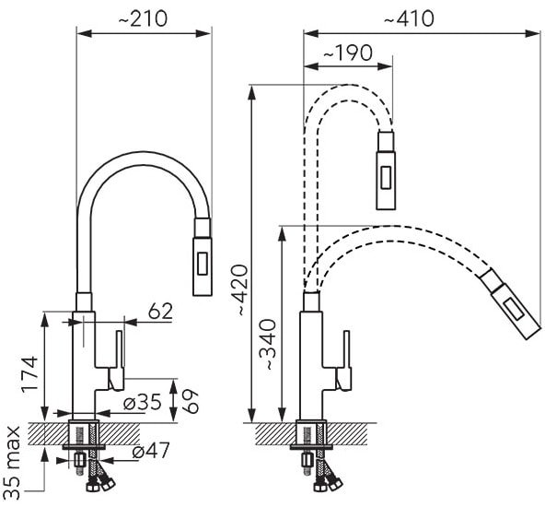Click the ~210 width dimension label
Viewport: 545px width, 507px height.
click(x=143, y=18)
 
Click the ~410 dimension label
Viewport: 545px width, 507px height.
click(x=409, y=18)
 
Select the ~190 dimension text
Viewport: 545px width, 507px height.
click(x=348, y=53)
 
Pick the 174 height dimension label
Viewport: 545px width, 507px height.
click(x=29, y=374)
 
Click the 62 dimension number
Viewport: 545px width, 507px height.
click(x=160, y=312)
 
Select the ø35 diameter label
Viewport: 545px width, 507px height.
click(x=143, y=402)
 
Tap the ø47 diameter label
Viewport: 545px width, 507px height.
click(x=151, y=451)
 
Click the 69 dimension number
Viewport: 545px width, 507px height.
click(x=191, y=401)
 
